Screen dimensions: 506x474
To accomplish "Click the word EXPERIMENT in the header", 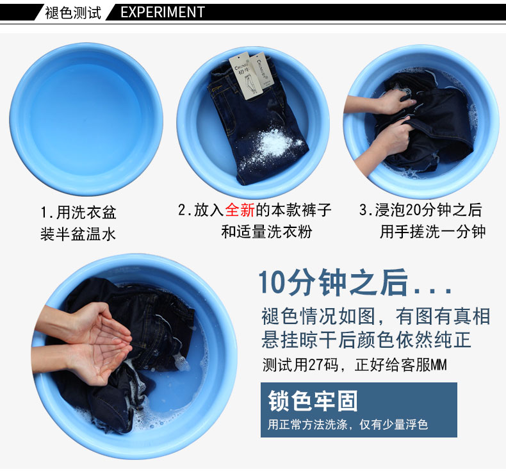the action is [163, 12].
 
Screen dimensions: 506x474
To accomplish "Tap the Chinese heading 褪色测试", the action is [73, 13].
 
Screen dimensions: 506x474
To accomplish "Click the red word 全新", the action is [240, 209].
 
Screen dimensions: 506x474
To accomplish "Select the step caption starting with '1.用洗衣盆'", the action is [78, 212].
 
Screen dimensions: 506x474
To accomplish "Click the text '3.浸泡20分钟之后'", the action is [421, 210].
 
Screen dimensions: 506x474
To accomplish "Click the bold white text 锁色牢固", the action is [313, 401].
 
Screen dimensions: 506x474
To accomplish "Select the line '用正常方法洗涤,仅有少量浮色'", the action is [348, 424].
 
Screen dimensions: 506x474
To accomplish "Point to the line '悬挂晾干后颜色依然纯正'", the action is [366, 339].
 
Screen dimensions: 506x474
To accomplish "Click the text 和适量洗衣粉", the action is [266, 232].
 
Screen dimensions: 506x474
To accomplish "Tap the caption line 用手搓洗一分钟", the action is [432, 232].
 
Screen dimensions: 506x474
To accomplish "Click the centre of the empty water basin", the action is [86, 119].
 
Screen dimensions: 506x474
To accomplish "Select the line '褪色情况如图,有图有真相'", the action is [376, 316].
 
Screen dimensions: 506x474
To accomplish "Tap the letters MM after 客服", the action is [439, 365].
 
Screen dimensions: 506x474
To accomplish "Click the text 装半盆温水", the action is [78, 234].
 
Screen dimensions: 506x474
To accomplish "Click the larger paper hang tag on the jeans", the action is [246, 76].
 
